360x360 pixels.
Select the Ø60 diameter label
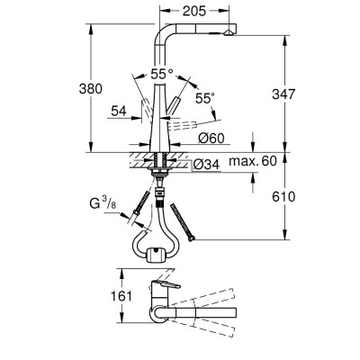212,138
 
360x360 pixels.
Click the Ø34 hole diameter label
204,164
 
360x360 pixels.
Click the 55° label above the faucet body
162,72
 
